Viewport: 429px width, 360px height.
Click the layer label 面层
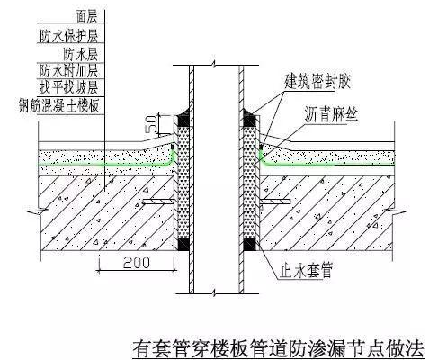(x=86, y=17)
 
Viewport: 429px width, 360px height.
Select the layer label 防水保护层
(x=68, y=36)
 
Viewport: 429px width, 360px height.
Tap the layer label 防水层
(x=80, y=54)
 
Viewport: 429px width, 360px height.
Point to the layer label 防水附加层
(x=69, y=71)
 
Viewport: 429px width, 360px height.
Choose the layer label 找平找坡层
(x=69, y=87)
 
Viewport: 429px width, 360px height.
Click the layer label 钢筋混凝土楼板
(x=58, y=105)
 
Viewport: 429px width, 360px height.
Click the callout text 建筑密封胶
(x=317, y=81)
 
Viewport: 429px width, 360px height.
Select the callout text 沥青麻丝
(x=331, y=114)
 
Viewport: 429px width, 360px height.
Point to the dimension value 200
(x=137, y=263)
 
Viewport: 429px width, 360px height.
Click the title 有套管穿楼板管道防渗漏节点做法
(x=279, y=348)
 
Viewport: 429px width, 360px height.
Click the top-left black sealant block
(x=183, y=120)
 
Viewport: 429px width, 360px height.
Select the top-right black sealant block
(x=249, y=120)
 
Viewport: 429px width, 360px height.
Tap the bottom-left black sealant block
(x=183, y=244)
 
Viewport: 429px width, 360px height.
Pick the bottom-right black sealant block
(x=249, y=245)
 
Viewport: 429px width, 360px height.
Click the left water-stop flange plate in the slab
(x=158, y=202)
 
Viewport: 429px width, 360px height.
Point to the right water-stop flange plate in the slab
(x=274, y=202)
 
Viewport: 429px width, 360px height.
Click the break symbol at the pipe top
(x=213, y=65)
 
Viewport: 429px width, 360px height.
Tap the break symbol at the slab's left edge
(x=38, y=211)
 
